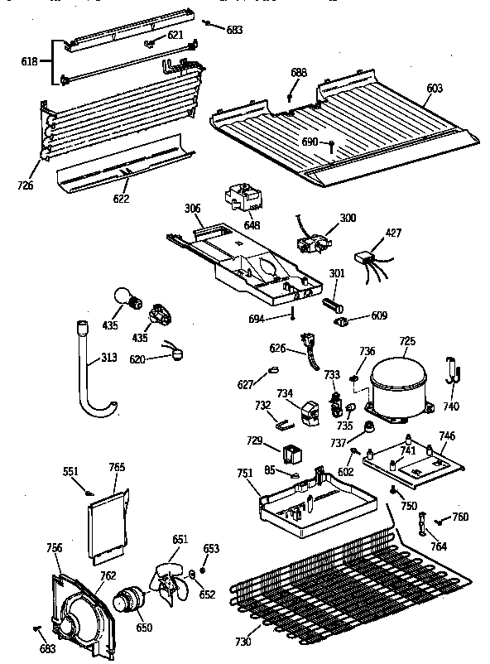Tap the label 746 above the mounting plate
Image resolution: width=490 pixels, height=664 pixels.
coord(447,435)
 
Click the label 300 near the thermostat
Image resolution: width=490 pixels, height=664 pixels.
coord(348,217)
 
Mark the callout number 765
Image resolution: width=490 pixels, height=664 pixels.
coord(117,467)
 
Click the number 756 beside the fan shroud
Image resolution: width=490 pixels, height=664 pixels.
coord(55,546)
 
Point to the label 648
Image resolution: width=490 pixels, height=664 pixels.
coord(252,224)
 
